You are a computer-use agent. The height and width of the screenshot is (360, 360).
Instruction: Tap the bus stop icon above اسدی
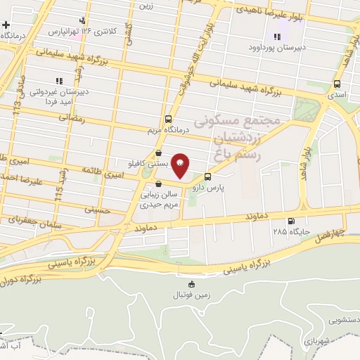pos(337,84)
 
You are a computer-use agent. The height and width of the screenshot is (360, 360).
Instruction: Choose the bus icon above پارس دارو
pos(207,177)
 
